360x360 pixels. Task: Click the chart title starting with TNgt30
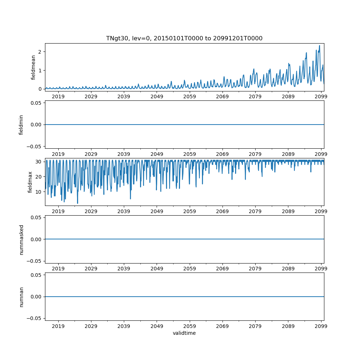coord(184,38)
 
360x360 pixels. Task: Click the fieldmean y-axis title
coord(33,67)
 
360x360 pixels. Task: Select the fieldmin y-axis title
coord(21,125)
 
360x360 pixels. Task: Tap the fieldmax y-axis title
coord(30,182)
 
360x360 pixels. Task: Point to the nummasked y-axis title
coord(21,239)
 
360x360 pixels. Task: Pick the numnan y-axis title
coord(21,297)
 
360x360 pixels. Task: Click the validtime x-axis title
coord(184,333)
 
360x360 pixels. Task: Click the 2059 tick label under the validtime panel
coord(190,326)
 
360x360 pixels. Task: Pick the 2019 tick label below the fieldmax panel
coord(58,211)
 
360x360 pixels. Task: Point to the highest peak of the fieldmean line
coord(319,45)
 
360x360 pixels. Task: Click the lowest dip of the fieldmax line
coord(77,203)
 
